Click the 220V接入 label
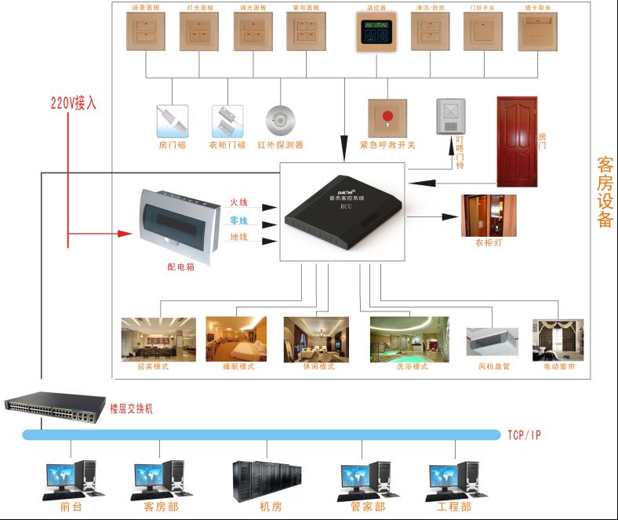74,103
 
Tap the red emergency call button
387,118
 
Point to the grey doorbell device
451,117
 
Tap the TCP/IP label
525,435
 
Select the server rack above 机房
267,480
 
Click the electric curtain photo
558,339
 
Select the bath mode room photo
409,339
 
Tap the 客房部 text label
161,507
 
